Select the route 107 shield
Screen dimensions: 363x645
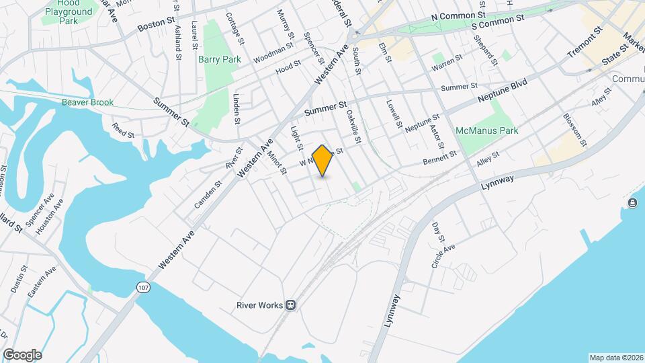click(142, 287)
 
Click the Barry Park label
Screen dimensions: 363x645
click(220, 59)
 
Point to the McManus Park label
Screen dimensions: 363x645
click(486, 130)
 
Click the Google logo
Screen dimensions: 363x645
click(22, 354)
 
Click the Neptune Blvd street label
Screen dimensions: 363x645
click(503, 89)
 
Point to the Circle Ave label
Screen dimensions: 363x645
click(443, 257)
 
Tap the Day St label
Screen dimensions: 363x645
click(439, 232)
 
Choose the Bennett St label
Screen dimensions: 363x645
click(440, 158)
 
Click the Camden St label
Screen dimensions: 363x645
click(208, 194)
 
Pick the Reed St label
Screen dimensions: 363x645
click(124, 130)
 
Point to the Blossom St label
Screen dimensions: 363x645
click(574, 130)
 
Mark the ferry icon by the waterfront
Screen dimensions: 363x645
click(632, 203)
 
